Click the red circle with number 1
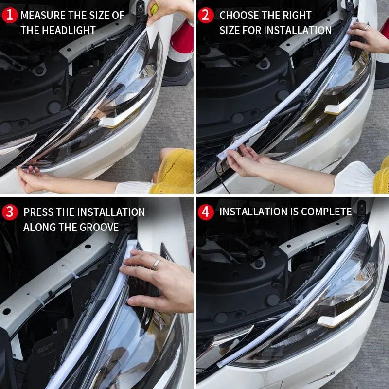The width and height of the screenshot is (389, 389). click(x=9, y=15)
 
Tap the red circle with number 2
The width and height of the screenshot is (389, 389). click(x=206, y=15)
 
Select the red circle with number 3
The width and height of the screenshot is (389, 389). click(x=9, y=212)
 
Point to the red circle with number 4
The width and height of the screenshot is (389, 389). click(x=206, y=212)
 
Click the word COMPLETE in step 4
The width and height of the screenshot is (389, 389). click(x=326, y=212)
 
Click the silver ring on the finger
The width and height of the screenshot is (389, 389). click(x=156, y=264)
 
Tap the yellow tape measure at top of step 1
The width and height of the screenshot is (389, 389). click(x=154, y=8)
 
